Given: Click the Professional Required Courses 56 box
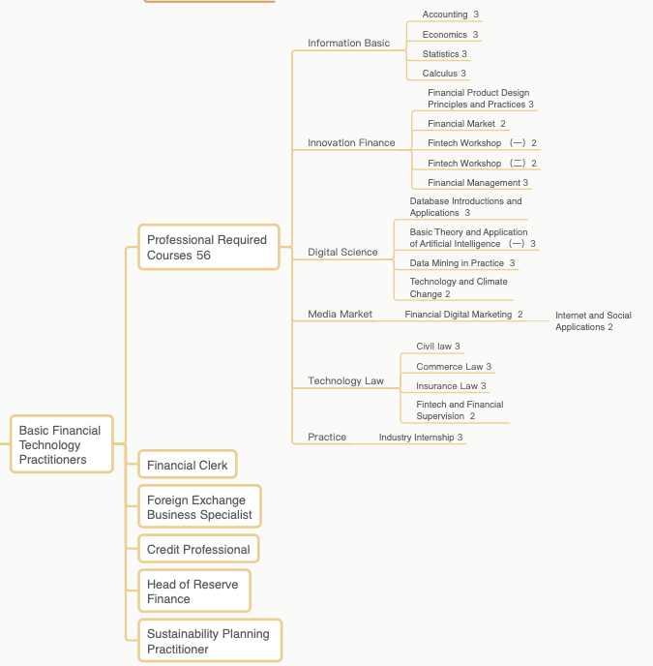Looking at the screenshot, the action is tap(209, 247).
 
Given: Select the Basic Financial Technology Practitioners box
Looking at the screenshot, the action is tap(62, 444).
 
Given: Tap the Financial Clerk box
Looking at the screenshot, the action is tap(188, 465).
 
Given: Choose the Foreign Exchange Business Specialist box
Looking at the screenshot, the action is tap(199, 506).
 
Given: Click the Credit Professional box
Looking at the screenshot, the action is tap(198, 549).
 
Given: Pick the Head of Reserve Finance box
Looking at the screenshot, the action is tap(194, 590).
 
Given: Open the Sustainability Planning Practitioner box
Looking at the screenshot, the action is tap(210, 641).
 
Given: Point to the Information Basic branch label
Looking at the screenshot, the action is tap(348, 43).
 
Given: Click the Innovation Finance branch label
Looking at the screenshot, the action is tap(351, 142).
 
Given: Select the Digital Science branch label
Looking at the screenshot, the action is tap(342, 253).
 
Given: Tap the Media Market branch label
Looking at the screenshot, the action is tap(340, 314).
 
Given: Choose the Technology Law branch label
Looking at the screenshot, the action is tap(345, 380).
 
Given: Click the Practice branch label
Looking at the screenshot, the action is tap(327, 438).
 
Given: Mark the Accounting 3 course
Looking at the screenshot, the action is tap(451, 15).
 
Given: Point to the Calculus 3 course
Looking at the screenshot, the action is tap(444, 74).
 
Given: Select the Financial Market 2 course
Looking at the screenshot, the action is tap(466, 124).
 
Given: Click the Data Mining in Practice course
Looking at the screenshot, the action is tap(462, 263).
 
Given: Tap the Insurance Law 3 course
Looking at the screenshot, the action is tap(451, 386).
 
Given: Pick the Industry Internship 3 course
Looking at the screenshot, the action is tap(421, 438).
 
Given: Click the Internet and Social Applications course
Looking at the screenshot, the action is tap(593, 321).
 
